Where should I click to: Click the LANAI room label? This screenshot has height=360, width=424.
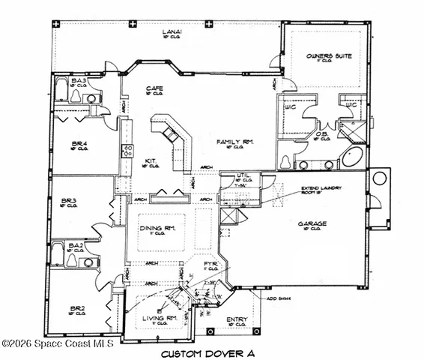(172, 31)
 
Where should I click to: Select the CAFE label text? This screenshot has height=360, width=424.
(154, 88)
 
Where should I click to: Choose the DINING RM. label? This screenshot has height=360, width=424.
(158, 227)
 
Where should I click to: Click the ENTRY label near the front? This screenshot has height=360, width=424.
(237, 319)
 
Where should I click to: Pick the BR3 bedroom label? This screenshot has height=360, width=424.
(69, 200)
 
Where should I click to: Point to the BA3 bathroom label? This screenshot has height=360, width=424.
(79, 80)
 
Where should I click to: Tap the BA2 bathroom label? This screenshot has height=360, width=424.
(76, 245)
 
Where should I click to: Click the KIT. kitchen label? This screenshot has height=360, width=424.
(150, 160)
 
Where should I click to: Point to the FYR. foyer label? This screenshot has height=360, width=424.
(211, 264)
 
